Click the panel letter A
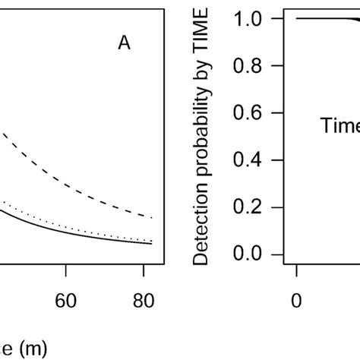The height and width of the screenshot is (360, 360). (x=124, y=44)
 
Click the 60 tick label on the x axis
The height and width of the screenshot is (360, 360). (x=67, y=300)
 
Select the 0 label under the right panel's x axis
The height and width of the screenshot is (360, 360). (x=297, y=300)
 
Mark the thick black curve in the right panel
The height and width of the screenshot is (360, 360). (x=327, y=19)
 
